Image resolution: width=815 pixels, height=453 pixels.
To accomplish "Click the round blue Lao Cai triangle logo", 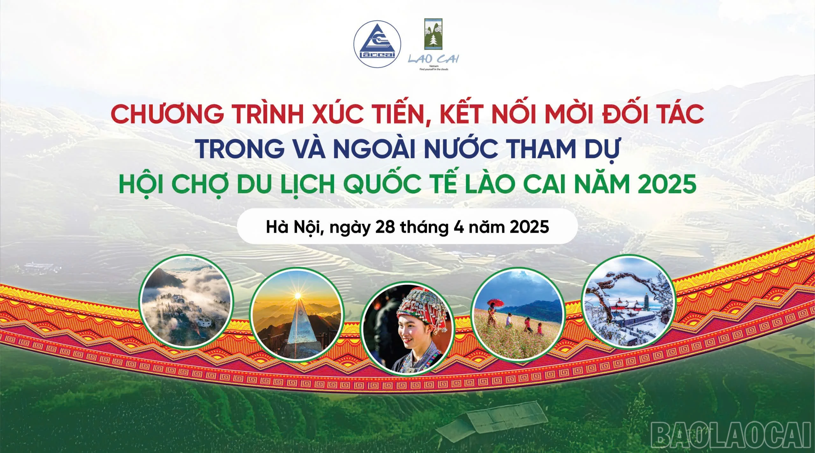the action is (x=377, y=44).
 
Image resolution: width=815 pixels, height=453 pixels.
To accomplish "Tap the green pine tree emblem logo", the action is (x=433, y=34).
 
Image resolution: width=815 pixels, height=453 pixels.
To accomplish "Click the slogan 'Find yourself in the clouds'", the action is (x=434, y=69).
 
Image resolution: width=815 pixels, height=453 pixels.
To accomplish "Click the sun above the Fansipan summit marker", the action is (x=298, y=296).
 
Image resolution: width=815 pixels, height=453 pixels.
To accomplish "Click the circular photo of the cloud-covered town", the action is (x=187, y=301).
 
